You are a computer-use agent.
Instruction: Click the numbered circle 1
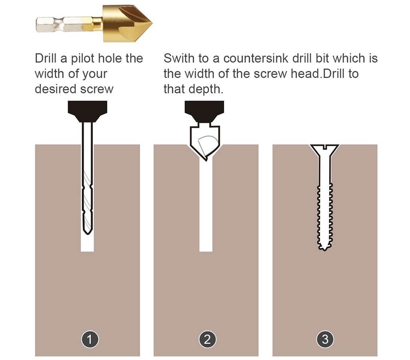90,340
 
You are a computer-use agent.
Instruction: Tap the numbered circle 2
207,340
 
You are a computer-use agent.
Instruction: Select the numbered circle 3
325,340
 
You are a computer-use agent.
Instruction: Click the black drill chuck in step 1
87,110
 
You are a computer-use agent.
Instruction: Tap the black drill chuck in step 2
204,110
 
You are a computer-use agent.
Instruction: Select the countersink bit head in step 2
205,142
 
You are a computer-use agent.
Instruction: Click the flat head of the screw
324,148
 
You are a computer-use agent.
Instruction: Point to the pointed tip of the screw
324,248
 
